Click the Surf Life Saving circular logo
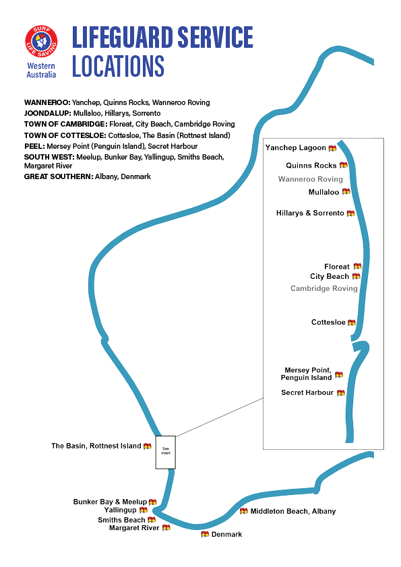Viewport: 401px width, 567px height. pos(41,41)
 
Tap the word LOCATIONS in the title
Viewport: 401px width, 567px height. pos(118,66)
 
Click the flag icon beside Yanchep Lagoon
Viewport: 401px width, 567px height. pos(333,148)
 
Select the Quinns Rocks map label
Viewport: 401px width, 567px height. pos(311,165)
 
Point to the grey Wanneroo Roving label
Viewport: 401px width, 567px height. pos(311,179)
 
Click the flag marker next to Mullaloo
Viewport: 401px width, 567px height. pos(346,191)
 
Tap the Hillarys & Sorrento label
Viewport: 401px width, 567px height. pos(310,213)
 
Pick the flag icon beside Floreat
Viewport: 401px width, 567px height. pos(358,266)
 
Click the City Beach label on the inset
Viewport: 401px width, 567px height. pos(330,276)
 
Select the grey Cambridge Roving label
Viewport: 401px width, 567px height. pos(324,288)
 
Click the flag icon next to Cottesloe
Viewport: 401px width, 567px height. pos(352,323)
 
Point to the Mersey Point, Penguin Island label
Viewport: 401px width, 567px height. pos(306,374)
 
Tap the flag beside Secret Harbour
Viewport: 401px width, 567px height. pos(341,393)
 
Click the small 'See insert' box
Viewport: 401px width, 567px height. pos(166,453)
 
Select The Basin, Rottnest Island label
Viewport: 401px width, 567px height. pos(96,446)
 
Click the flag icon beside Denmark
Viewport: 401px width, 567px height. pos(205,534)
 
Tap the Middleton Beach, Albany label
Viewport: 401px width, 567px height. pos(293,511)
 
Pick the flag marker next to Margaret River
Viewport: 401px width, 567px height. pos(166,527)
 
